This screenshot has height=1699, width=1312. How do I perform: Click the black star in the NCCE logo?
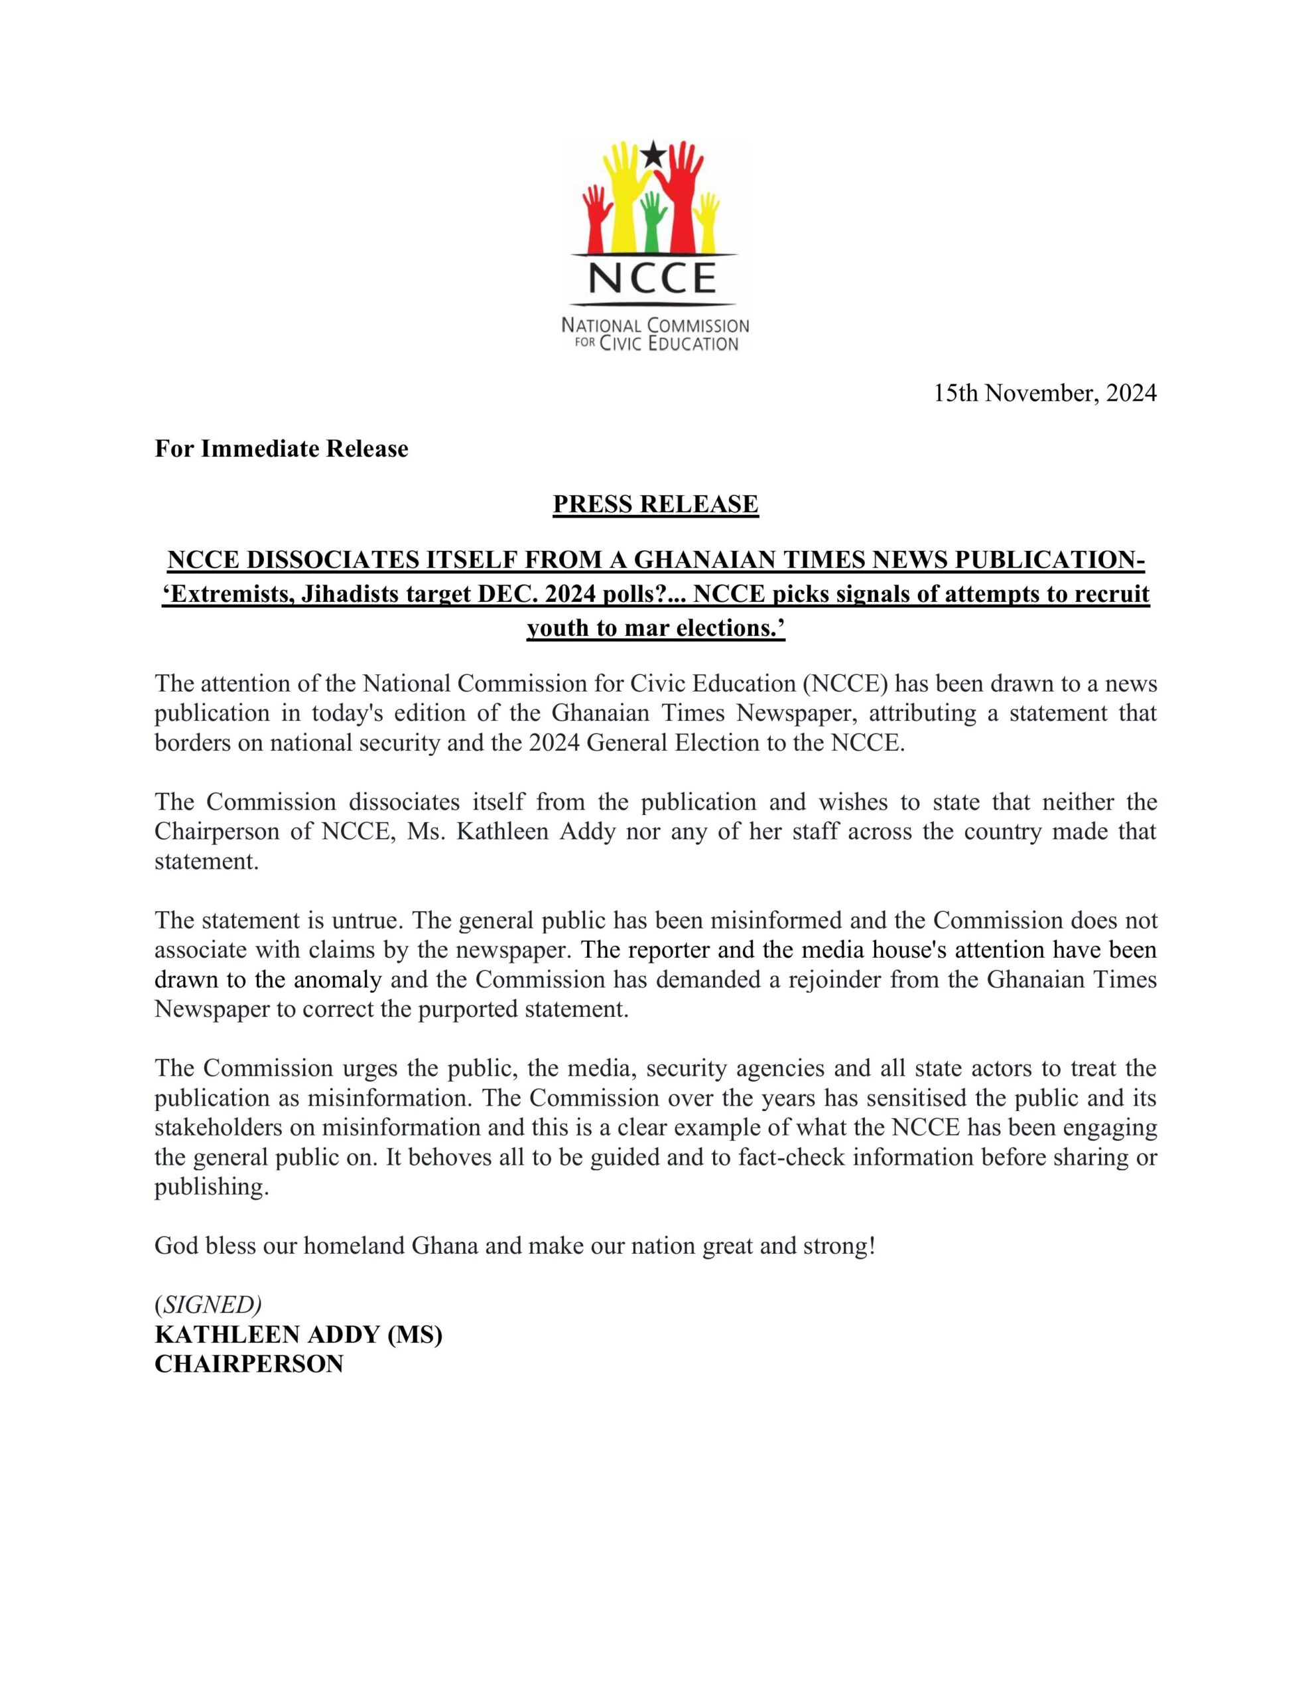[655, 154]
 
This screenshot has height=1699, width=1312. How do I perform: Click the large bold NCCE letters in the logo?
[654, 277]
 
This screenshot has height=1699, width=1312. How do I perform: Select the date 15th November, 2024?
[1045, 394]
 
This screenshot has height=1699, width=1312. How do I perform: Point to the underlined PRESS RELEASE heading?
[655, 505]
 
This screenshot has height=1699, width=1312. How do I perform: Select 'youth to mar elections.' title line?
[655, 628]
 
